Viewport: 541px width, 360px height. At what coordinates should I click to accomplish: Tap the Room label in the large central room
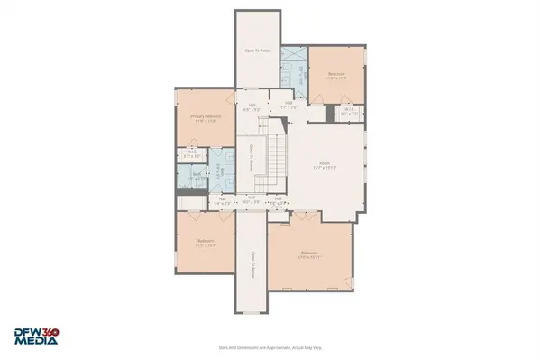point(324,165)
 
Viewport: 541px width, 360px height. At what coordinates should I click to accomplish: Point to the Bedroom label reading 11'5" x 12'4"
point(206,242)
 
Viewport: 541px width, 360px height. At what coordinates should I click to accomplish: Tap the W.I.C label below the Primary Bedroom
point(191,154)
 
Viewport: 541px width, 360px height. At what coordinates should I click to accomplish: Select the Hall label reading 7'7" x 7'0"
point(289,105)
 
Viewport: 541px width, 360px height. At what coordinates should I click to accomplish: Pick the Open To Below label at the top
point(259,51)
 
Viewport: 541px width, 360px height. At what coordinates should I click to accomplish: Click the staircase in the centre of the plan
point(275,165)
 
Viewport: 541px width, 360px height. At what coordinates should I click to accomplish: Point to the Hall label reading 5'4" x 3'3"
point(221,200)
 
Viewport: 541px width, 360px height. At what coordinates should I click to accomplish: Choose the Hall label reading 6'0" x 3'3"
point(252,200)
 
